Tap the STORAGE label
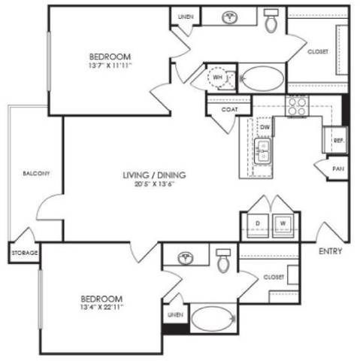click(24, 253)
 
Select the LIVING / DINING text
click(155, 175)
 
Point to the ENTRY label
click(330, 250)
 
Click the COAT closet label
click(230, 108)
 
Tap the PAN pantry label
click(338, 169)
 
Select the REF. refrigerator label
click(338, 140)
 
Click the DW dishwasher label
click(265, 127)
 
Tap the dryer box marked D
click(256, 223)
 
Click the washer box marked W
click(283, 223)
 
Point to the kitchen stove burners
click(295, 104)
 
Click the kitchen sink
click(263, 156)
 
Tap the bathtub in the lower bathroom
click(213, 319)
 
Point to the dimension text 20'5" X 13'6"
click(155, 184)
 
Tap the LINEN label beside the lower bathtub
click(175, 314)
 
